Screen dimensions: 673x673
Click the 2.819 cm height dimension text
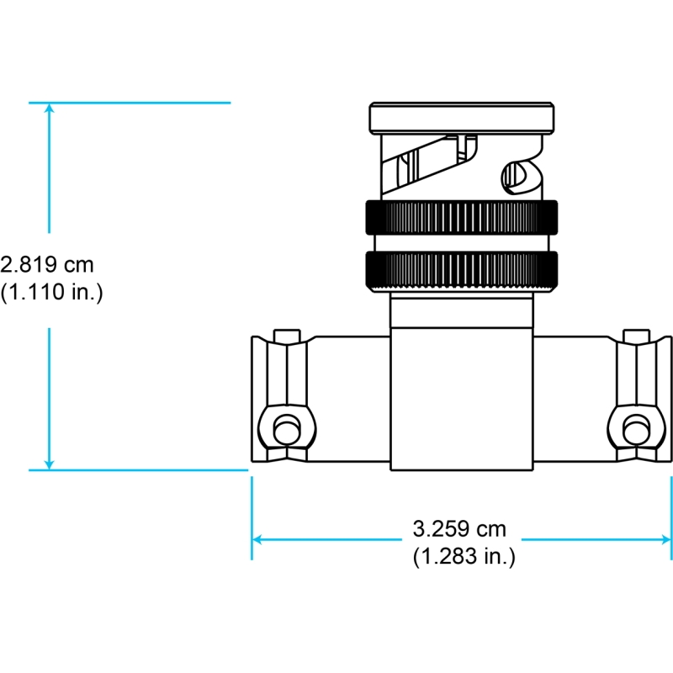(x=47, y=264)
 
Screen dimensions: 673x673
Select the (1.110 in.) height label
(x=51, y=292)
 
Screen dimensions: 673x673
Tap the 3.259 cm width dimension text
(x=459, y=529)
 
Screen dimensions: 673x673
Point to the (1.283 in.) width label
(x=464, y=556)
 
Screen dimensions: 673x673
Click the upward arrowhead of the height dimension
(x=50, y=108)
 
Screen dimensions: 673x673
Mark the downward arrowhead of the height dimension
(x=50, y=465)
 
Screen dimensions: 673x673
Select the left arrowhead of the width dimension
(x=257, y=539)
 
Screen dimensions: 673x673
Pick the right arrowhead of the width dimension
(x=666, y=539)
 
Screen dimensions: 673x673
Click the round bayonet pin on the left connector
(x=287, y=430)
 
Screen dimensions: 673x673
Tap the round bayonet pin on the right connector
(x=636, y=430)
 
